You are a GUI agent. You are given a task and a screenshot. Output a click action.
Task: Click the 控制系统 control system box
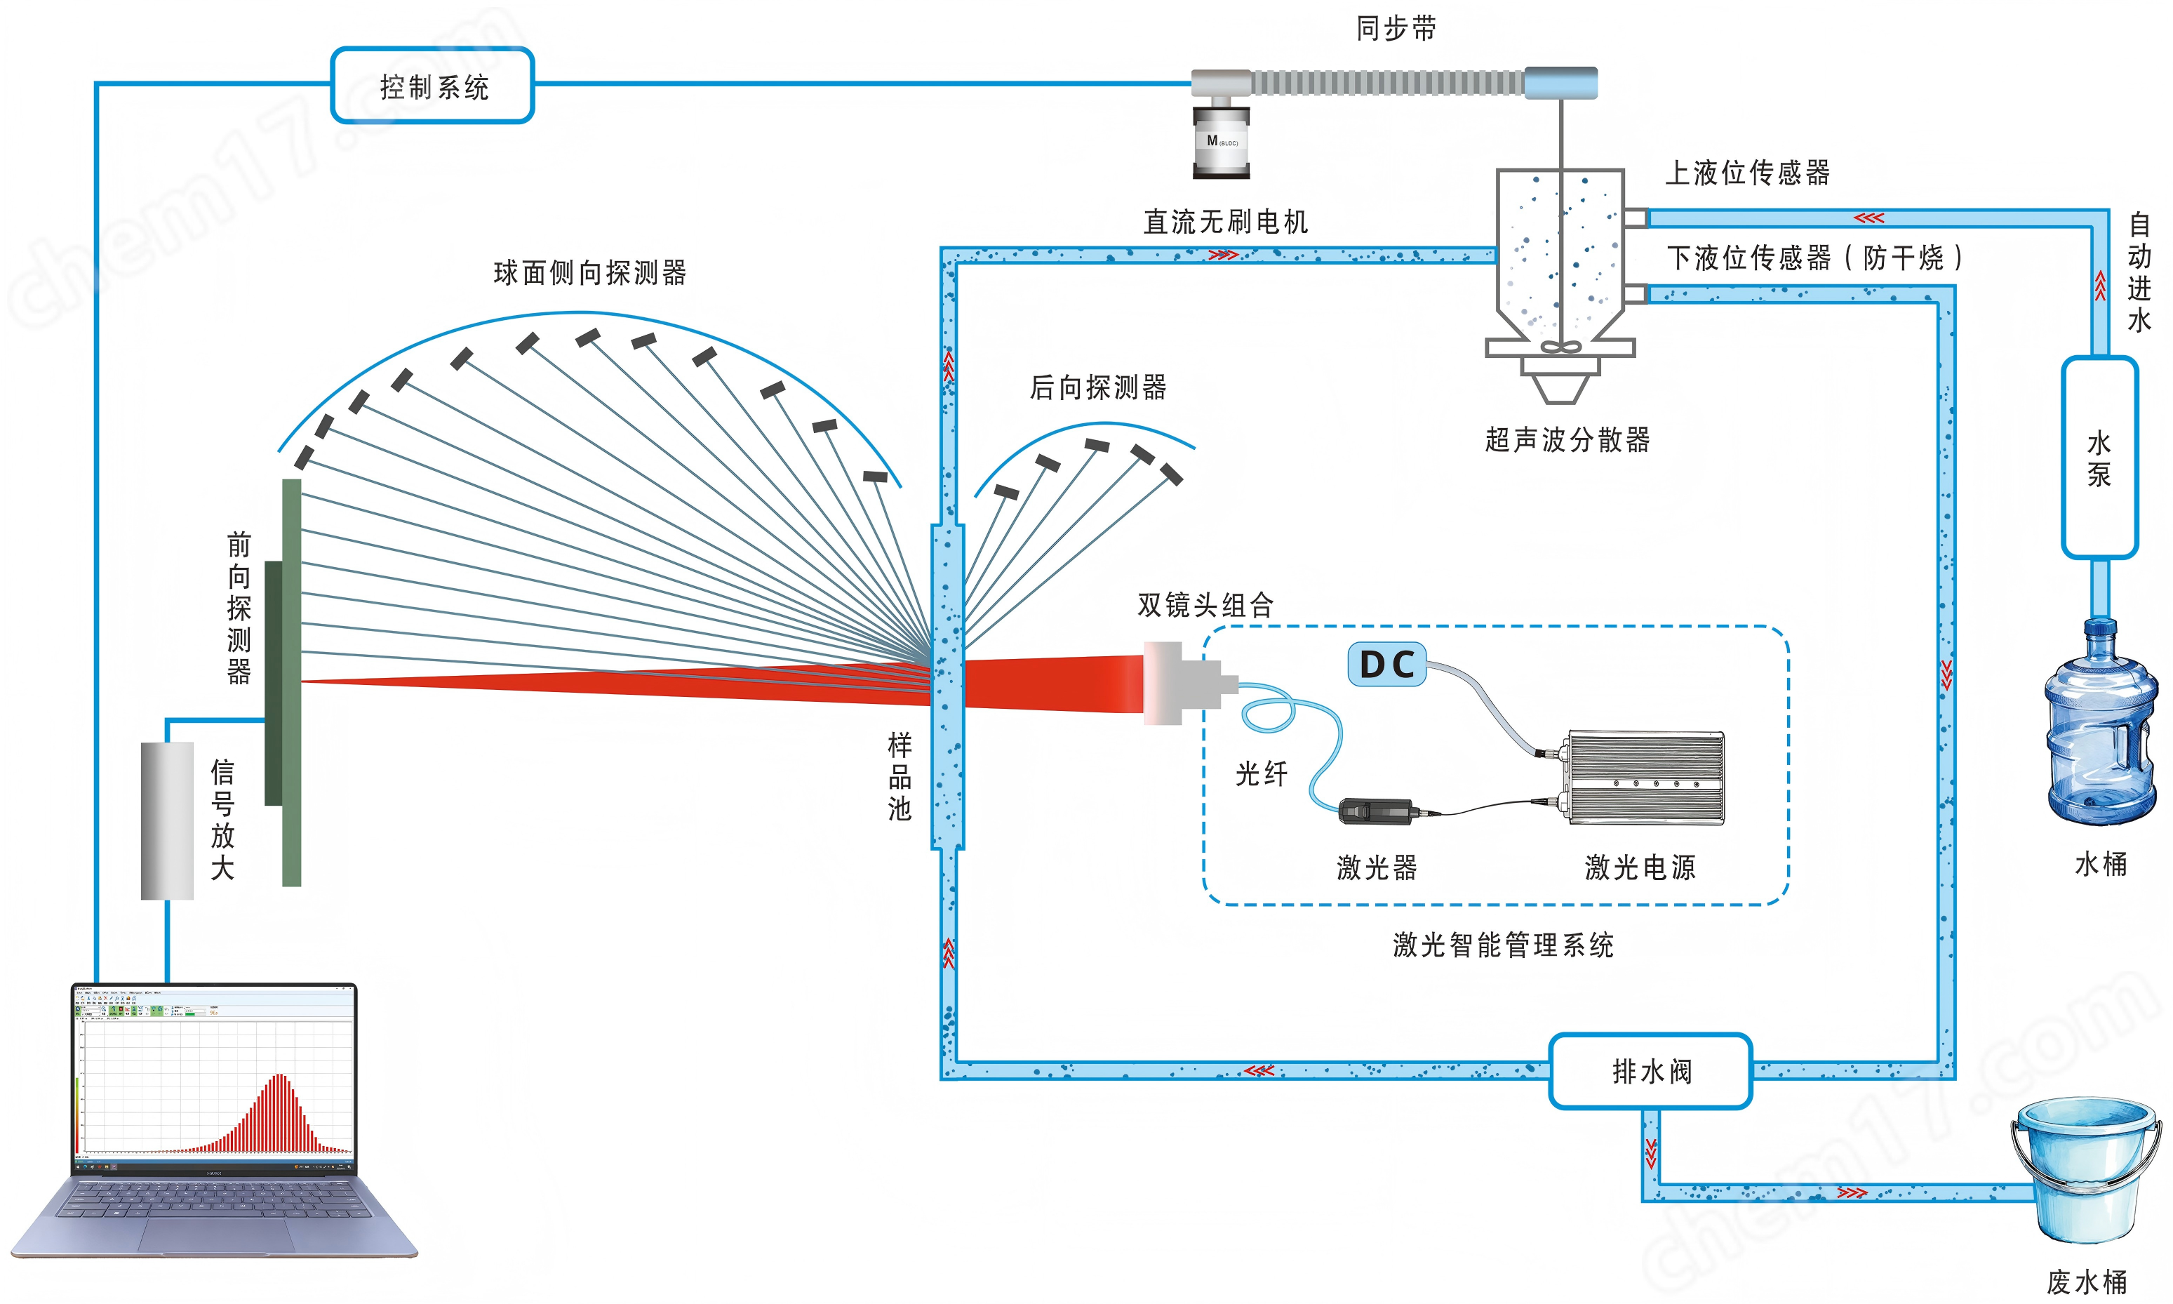(x=432, y=85)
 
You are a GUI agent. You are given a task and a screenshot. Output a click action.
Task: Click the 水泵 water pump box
(x=2099, y=457)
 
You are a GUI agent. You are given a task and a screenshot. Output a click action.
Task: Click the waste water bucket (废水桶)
(x=2086, y=1169)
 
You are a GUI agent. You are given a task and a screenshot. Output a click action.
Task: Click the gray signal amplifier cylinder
(x=167, y=820)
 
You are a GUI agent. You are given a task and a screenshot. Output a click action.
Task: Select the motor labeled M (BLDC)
(x=1221, y=142)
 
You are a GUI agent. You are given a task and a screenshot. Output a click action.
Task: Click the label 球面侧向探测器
(x=589, y=273)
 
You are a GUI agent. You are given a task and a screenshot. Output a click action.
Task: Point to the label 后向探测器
(x=1097, y=387)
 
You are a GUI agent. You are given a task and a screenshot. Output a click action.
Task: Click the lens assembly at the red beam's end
(x=1182, y=683)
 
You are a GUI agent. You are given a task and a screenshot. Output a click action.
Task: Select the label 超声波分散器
(x=1567, y=439)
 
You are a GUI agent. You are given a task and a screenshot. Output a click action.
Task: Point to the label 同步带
(x=1396, y=29)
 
